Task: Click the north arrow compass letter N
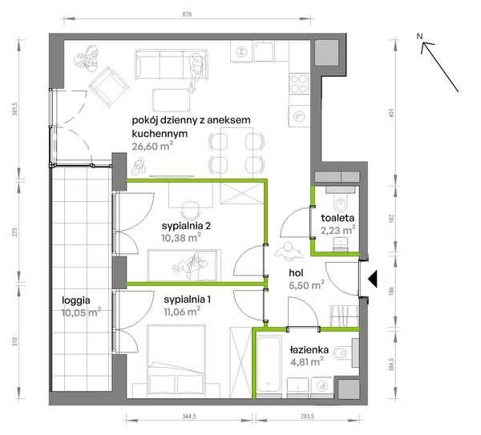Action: [419, 36]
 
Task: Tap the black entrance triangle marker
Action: [373, 279]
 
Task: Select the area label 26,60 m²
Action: [152, 146]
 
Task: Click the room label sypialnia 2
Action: [186, 226]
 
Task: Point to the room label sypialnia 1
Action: [187, 299]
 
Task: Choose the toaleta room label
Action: [338, 218]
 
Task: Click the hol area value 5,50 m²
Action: [307, 285]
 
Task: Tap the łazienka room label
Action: [309, 350]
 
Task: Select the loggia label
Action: [76, 300]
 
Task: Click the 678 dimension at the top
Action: [187, 14]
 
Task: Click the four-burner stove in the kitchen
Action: [299, 83]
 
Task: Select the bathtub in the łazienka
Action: [269, 365]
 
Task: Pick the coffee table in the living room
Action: [172, 100]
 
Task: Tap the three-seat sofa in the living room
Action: [172, 65]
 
